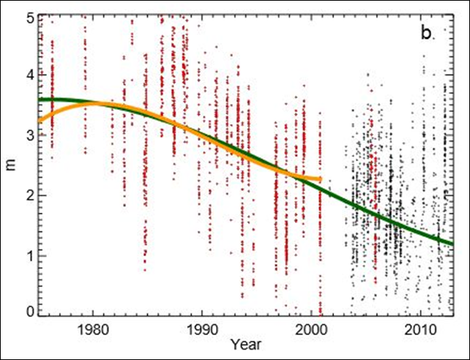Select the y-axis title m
pyautogui.click(x=10, y=166)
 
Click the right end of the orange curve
pyautogui.click(x=320, y=179)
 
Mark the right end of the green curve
pyautogui.click(x=452, y=244)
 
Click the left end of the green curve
pyautogui.click(x=40, y=100)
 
